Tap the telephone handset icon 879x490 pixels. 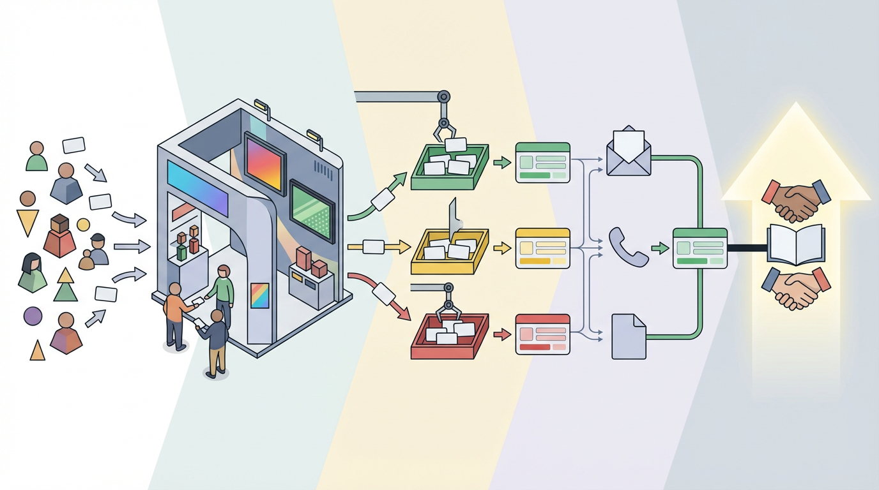click(628, 246)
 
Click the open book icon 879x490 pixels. click(795, 244)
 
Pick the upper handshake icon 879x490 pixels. click(796, 200)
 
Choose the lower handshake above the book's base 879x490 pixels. click(796, 288)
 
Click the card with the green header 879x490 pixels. click(542, 163)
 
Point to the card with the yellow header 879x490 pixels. click(542, 248)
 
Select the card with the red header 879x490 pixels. click(542, 334)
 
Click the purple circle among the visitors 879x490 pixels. click(33, 315)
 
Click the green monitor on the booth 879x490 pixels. click(312, 210)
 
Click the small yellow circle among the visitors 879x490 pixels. click(83, 225)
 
